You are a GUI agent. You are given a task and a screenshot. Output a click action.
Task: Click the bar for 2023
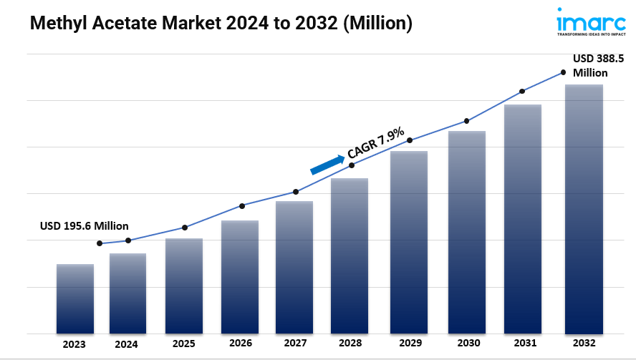[75, 299]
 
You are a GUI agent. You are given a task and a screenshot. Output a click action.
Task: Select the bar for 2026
[240, 277]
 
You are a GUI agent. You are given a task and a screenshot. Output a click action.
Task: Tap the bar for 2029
[409, 243]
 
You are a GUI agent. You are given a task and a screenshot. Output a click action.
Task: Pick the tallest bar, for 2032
[584, 209]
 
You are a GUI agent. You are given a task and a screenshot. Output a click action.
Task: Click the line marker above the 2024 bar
[128, 240]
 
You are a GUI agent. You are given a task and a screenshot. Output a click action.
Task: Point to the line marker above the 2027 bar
[296, 192]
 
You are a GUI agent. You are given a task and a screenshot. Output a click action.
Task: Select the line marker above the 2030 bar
[467, 121]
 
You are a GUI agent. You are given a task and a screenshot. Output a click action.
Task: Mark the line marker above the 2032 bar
[563, 72]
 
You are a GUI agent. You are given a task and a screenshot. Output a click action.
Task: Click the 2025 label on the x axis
[184, 344]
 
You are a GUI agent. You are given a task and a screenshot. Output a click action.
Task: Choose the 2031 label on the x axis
[524, 344]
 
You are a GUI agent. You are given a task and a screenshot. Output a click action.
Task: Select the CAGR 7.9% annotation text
[375, 142]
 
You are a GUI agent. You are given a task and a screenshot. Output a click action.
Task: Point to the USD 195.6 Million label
[85, 226]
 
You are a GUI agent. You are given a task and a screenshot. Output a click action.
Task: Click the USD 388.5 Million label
[591, 66]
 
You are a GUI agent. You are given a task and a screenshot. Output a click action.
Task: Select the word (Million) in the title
[377, 24]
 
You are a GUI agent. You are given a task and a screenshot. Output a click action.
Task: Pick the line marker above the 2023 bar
[100, 243]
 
